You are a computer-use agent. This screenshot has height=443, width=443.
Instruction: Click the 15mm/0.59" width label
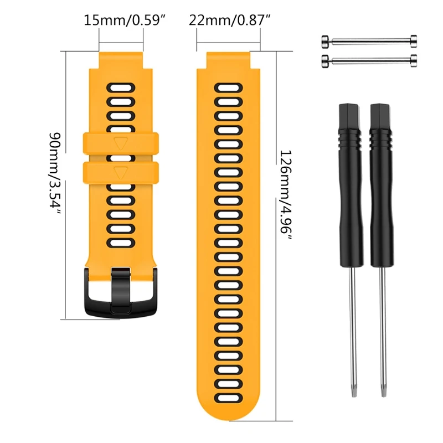pyautogui.click(x=125, y=21)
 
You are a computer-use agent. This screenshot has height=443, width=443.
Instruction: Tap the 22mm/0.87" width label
pyautogui.click(x=229, y=21)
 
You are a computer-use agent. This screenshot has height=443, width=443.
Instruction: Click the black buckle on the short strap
pyautogui.click(x=121, y=291)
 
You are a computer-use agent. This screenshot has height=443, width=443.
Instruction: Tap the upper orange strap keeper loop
pyautogui.click(x=121, y=143)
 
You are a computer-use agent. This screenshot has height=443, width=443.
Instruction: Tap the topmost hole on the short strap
pyautogui.click(x=121, y=87)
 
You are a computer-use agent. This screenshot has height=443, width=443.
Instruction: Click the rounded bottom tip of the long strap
pyautogui.click(x=229, y=424)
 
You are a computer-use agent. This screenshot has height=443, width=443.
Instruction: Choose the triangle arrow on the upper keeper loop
pyautogui.click(x=121, y=143)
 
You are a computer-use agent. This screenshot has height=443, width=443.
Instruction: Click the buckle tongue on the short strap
pyautogui.click(x=121, y=288)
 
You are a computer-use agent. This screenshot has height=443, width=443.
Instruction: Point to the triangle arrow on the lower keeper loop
pyautogui.click(x=121, y=172)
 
